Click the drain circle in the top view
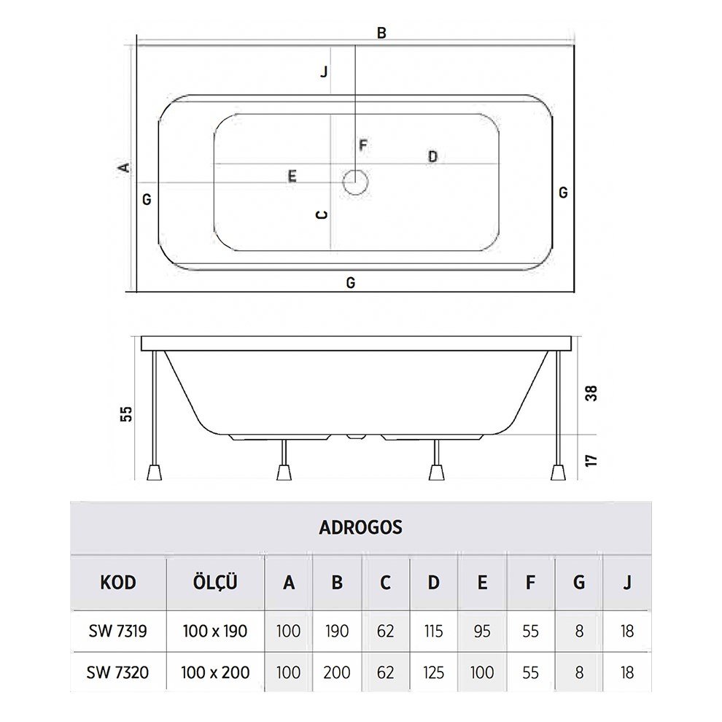click(x=355, y=182)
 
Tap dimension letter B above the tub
click(x=381, y=33)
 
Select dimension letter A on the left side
click(x=125, y=167)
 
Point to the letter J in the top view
click(x=323, y=71)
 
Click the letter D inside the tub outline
click(x=432, y=157)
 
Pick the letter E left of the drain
click(x=292, y=176)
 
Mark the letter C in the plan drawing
click(x=320, y=215)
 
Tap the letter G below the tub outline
click(x=351, y=283)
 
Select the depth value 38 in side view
click(x=591, y=393)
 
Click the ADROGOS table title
click(x=360, y=527)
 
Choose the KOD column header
click(x=118, y=583)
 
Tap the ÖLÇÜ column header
click(x=215, y=583)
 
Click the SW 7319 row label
click(x=118, y=631)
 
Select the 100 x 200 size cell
click(x=215, y=672)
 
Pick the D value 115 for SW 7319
click(x=433, y=631)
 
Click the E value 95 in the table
click(x=481, y=631)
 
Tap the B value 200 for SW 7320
click(x=336, y=672)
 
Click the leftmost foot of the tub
click(x=154, y=472)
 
